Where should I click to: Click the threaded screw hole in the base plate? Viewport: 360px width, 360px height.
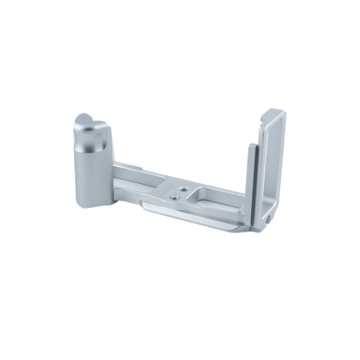point(183,189)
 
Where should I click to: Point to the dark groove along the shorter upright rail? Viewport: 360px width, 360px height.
point(251,180)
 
